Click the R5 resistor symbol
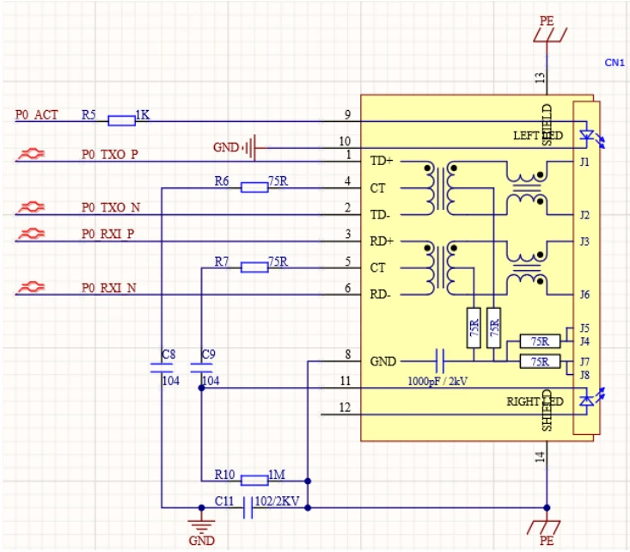(122, 120)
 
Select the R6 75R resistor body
(254, 187)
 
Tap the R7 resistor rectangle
(254, 267)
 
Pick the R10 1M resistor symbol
(254, 480)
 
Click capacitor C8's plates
(162, 367)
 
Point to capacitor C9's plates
(201, 367)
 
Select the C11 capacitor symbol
(248, 507)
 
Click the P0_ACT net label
(37, 115)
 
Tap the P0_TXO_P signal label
(110, 155)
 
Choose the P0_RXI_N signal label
(109, 288)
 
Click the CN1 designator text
(615, 63)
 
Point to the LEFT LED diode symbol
(587, 135)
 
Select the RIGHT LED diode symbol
(587, 400)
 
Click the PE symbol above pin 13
(549, 34)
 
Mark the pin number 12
(345, 408)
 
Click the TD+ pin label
(382, 161)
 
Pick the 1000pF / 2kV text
(437, 381)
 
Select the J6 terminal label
(584, 295)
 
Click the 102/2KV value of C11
(278, 501)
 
